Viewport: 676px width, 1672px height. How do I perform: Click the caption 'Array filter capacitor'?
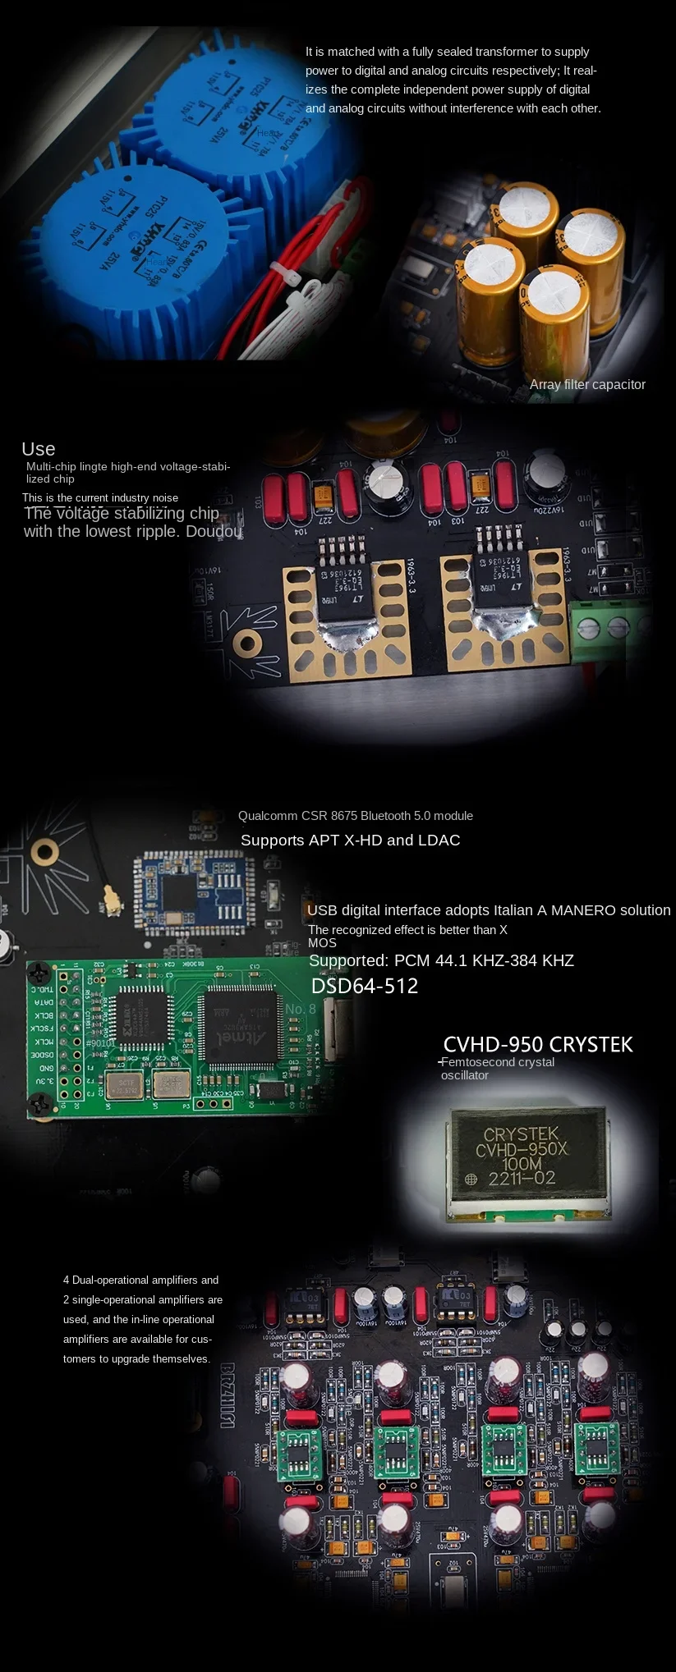587,384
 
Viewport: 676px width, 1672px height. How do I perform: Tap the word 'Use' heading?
39,449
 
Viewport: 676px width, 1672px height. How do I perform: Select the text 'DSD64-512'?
365,986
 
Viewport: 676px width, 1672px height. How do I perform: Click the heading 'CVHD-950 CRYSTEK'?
538,1044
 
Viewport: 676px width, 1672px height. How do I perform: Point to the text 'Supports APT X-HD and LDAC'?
350,840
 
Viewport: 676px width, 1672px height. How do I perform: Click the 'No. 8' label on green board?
300,1009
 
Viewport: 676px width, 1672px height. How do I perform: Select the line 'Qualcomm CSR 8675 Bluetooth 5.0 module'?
355,816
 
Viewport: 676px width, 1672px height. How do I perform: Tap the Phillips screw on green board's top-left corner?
39,973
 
